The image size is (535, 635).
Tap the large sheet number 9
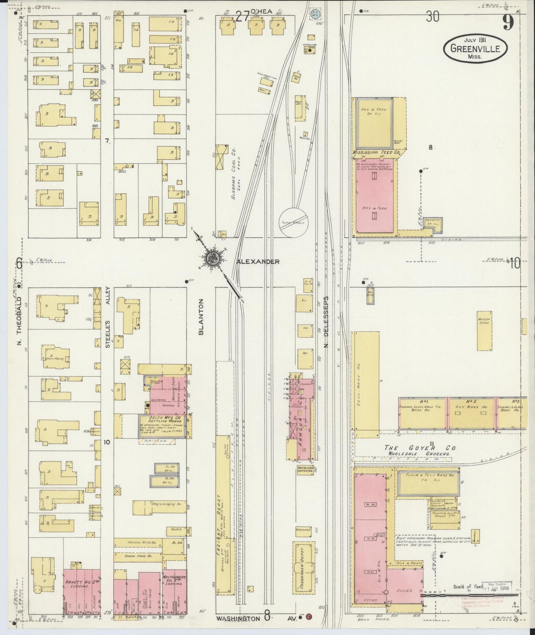click(x=508, y=23)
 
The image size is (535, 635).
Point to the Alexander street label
click(x=258, y=262)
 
